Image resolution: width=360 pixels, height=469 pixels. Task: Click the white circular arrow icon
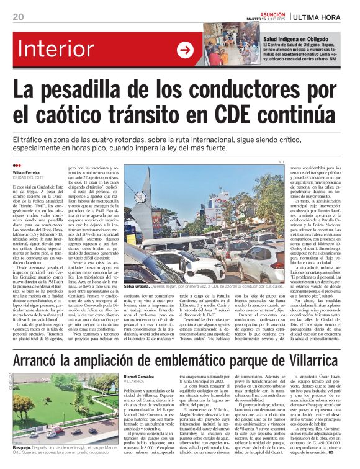(185, 50)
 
